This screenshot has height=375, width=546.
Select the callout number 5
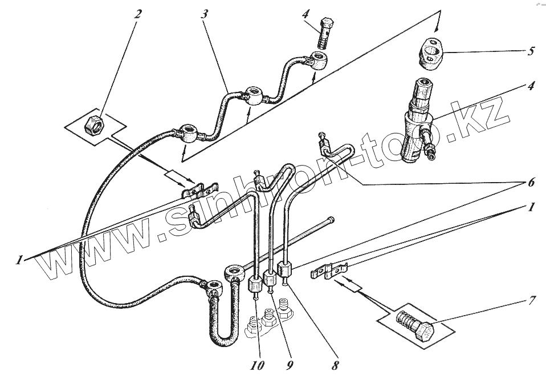point(531,51)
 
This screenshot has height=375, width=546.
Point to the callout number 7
point(532,299)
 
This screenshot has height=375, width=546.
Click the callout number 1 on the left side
point(19,260)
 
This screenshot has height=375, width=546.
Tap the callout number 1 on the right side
point(531,208)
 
